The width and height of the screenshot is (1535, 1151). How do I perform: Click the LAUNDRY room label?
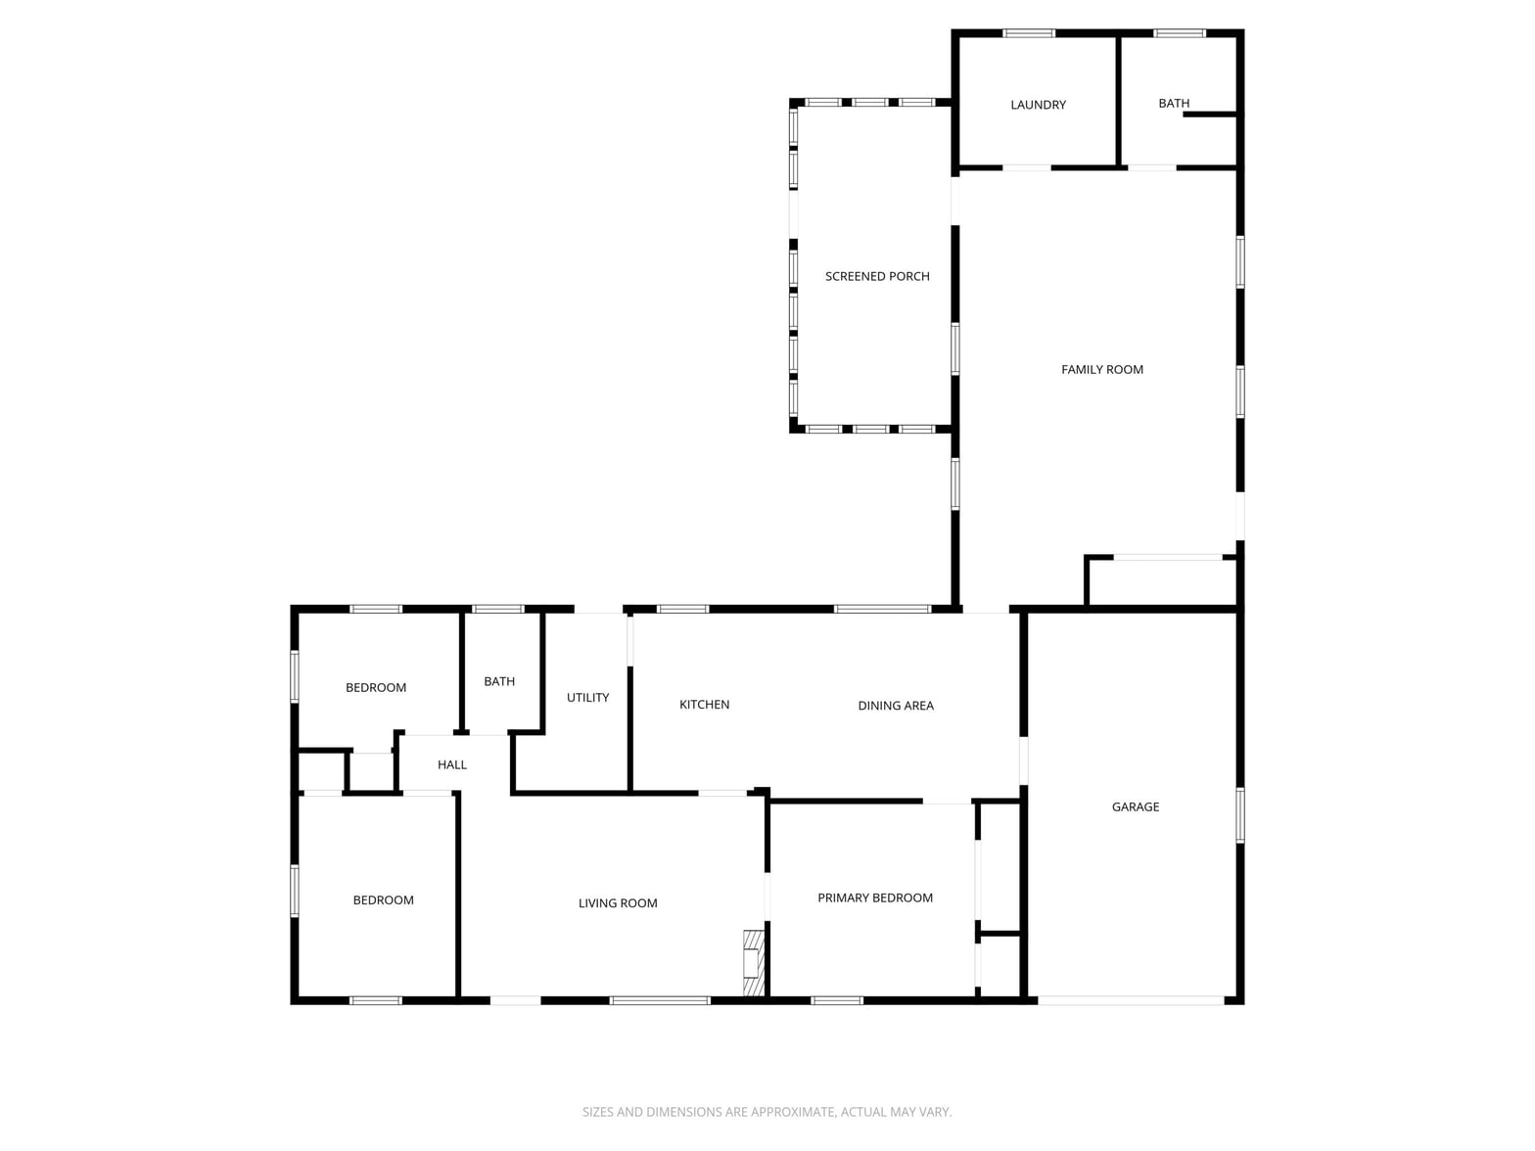(1038, 105)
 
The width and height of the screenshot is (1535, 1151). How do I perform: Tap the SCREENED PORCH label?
(877, 276)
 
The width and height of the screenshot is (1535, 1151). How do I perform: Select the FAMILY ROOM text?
(1102, 370)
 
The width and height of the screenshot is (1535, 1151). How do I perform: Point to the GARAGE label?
(1135, 806)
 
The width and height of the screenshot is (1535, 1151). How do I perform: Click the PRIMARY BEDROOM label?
(875, 898)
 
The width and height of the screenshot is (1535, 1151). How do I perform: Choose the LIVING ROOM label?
(618, 903)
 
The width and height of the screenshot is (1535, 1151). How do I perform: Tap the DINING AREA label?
(895, 705)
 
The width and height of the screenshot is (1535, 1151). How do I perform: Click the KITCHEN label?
(704, 705)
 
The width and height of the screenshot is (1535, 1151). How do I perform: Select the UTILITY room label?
(587, 698)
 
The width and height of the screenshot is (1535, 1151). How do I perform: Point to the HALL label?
(451, 764)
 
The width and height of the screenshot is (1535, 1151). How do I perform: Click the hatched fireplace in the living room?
(753, 962)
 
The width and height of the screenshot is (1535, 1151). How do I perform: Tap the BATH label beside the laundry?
(1174, 104)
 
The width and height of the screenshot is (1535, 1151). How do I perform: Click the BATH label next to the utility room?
(498, 681)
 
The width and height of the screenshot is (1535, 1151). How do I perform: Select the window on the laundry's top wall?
(1028, 33)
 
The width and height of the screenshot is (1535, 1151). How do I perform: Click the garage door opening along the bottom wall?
(1130, 1000)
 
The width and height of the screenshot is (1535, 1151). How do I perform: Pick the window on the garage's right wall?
(1240, 815)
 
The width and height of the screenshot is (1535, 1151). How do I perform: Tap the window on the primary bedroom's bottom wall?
(836, 1000)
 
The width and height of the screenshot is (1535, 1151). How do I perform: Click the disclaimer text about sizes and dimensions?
(767, 1112)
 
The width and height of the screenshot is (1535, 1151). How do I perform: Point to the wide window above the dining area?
(882, 609)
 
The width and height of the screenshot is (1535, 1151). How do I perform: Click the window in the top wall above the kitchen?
(682, 609)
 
